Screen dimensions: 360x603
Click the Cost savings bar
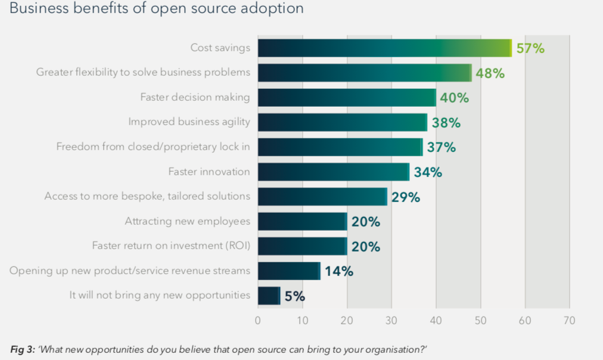coord(384,48)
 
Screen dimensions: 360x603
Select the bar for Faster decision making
coord(347,98)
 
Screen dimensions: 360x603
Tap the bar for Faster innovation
coord(334,172)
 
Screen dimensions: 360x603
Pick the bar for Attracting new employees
coord(302,222)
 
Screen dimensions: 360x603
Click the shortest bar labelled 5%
coord(269,296)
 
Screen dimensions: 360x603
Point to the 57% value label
coord(530,48)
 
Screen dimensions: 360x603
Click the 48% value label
coord(490,73)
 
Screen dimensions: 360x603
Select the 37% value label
coord(441,147)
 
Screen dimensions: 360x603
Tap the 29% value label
coord(406,197)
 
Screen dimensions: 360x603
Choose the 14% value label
coord(339,271)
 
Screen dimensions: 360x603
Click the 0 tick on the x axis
coord(257,320)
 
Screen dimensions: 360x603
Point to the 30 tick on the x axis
coord(391,320)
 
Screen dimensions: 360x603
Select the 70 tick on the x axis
coord(569,320)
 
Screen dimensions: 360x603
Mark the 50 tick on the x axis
coord(480,320)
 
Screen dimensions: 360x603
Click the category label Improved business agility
coord(189,122)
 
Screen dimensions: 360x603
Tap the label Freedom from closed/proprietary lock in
coord(153,147)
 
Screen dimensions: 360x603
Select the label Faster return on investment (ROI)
coord(171,246)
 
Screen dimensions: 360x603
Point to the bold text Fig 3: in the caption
coord(23,348)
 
